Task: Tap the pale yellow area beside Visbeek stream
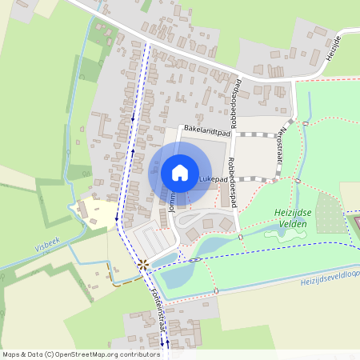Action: [98, 213]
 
